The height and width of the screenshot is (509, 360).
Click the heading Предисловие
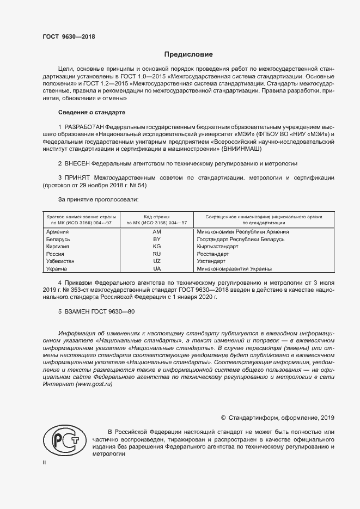point(188,54)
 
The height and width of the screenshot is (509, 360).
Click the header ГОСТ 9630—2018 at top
point(69,37)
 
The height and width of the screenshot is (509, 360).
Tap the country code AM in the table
point(157,232)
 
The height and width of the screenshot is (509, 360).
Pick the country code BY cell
point(157,239)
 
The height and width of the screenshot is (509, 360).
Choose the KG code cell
point(157,247)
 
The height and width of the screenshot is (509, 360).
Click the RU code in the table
point(157,254)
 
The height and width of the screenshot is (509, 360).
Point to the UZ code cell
point(157,261)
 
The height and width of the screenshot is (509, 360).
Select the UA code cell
point(157,268)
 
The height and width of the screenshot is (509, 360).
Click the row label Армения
point(58,232)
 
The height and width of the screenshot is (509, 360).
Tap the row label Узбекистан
point(61,261)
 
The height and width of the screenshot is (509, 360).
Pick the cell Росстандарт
point(213,254)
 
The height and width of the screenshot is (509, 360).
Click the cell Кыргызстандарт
point(217,247)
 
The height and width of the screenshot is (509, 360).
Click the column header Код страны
point(157,217)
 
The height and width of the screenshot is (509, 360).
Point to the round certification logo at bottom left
point(64,441)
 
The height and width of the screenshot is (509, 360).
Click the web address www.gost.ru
point(95,384)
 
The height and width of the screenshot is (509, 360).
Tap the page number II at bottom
point(45,462)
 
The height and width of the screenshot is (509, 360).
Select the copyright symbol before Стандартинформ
point(223,418)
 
